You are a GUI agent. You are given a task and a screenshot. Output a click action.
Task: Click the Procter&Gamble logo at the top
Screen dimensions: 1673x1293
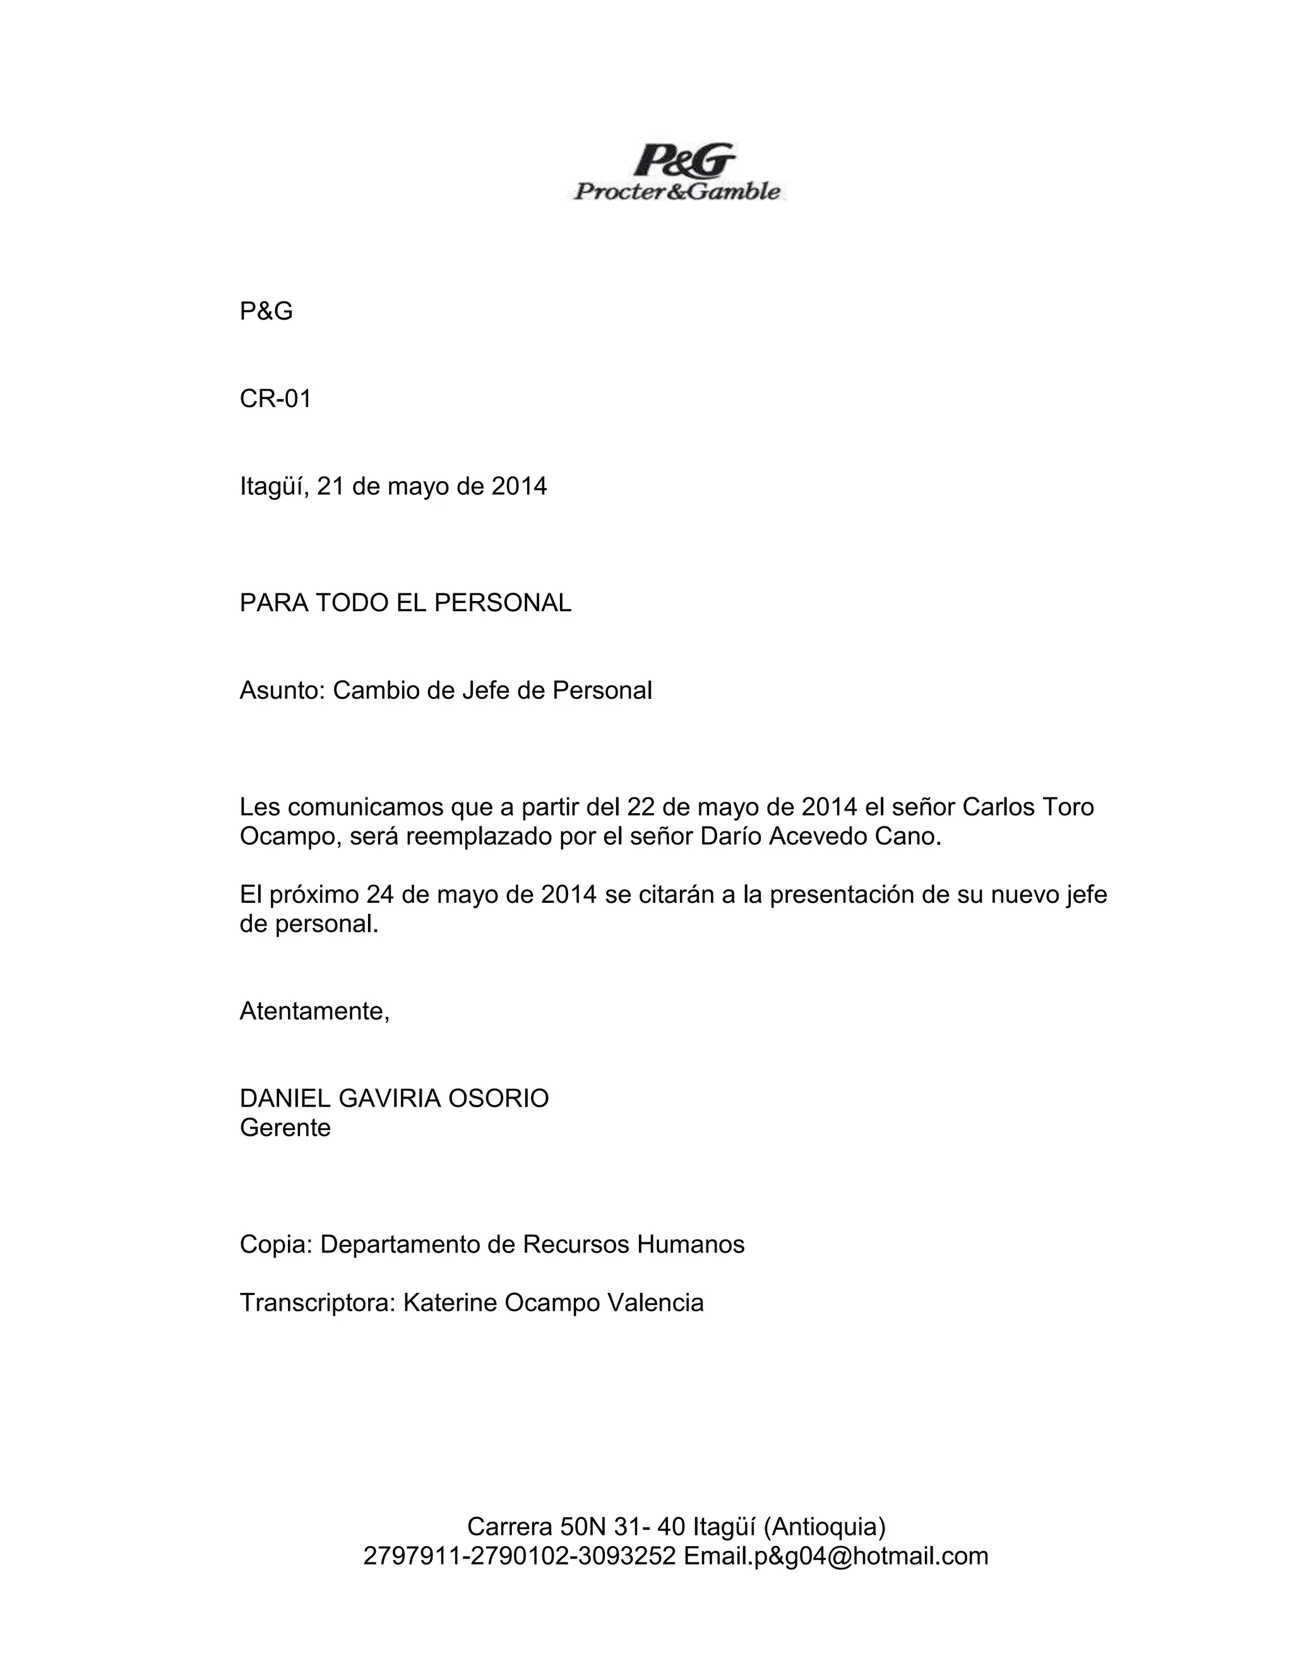click(x=677, y=172)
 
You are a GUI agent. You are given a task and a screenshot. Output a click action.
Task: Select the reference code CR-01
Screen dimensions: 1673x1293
click(x=276, y=399)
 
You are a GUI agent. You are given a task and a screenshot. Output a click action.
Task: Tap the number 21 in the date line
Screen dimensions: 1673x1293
click(x=330, y=486)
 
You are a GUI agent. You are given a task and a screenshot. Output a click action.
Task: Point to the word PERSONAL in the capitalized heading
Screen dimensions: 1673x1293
click(x=503, y=603)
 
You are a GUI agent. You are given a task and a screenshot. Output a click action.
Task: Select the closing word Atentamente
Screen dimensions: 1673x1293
click(x=314, y=1012)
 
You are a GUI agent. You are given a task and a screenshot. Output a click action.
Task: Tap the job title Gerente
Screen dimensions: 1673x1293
click(x=285, y=1128)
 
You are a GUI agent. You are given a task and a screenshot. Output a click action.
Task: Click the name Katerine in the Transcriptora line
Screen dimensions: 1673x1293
click(x=450, y=1303)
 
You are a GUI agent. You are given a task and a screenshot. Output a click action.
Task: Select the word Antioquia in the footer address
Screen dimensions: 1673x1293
click(x=824, y=1527)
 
